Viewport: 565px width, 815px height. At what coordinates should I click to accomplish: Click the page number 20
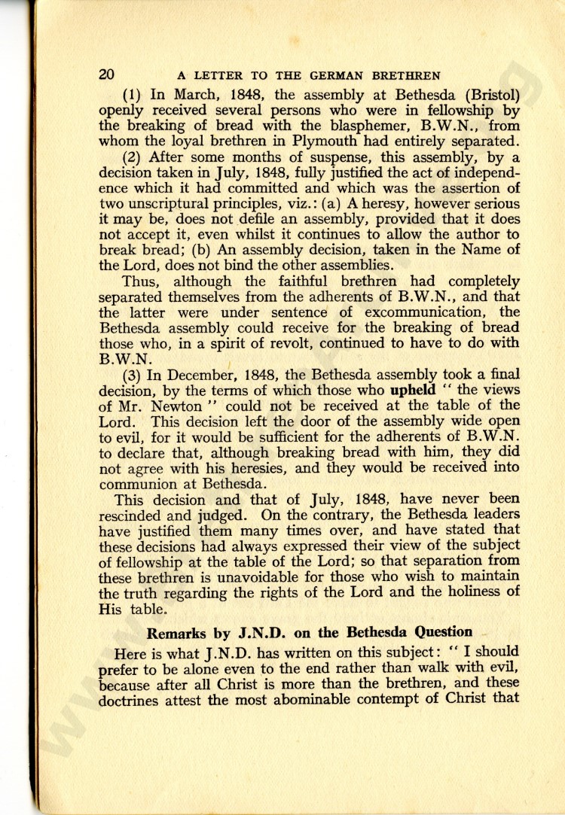tap(106, 75)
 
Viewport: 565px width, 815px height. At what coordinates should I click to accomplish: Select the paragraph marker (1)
tap(133, 96)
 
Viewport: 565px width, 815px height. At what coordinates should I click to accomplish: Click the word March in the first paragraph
tap(195, 96)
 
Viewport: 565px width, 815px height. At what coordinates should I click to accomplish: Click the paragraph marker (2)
tap(133, 157)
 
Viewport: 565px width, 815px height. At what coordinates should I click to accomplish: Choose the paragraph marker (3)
tap(133, 375)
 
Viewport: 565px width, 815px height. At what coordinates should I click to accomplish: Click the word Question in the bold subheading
tap(441, 631)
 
